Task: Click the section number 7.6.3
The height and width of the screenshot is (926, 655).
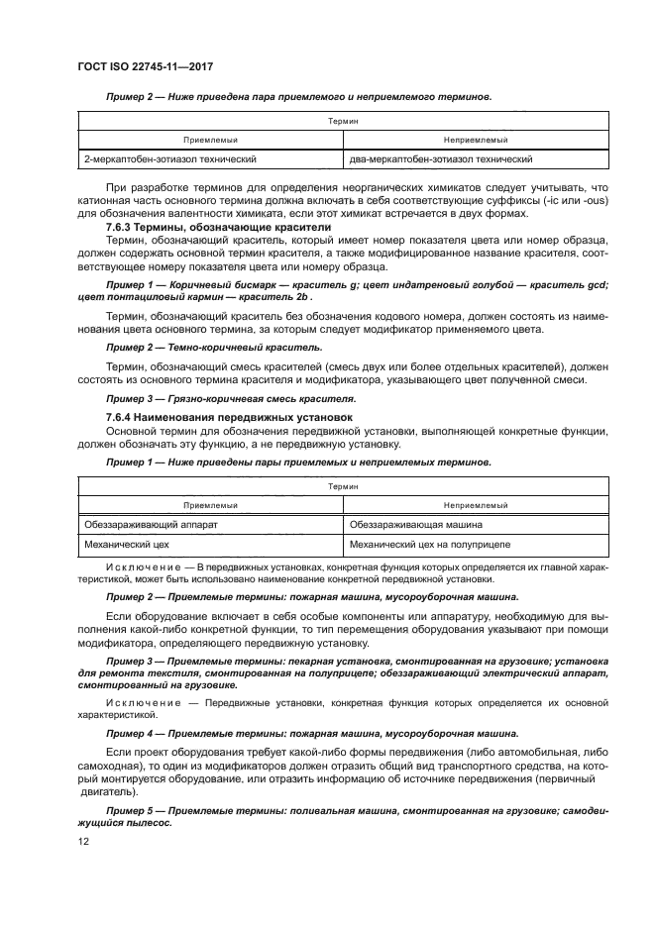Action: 122,228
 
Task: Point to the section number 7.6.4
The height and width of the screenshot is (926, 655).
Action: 122,417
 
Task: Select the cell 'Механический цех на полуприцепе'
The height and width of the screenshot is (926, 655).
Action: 430,545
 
